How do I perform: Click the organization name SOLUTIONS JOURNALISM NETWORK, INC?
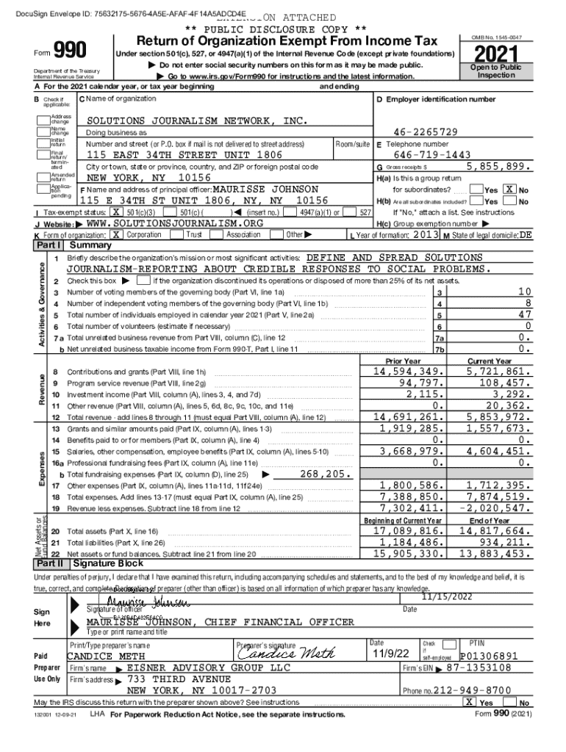[196, 120]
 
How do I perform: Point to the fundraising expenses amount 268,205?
[327, 474]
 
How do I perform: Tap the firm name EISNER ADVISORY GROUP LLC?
[209, 668]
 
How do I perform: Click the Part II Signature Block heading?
[111, 564]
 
